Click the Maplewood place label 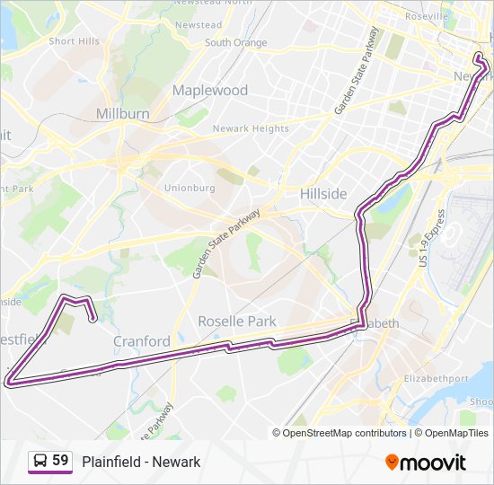point(209,90)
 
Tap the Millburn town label point(122,114)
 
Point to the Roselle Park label point(237,321)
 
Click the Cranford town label point(142,341)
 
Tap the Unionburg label point(190,188)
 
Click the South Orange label point(235,42)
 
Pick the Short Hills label point(75,41)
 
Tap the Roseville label point(427,16)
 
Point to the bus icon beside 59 point(40,461)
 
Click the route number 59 point(61,461)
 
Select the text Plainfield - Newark point(141,462)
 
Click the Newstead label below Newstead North point(198,25)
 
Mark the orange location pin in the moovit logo point(392,462)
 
